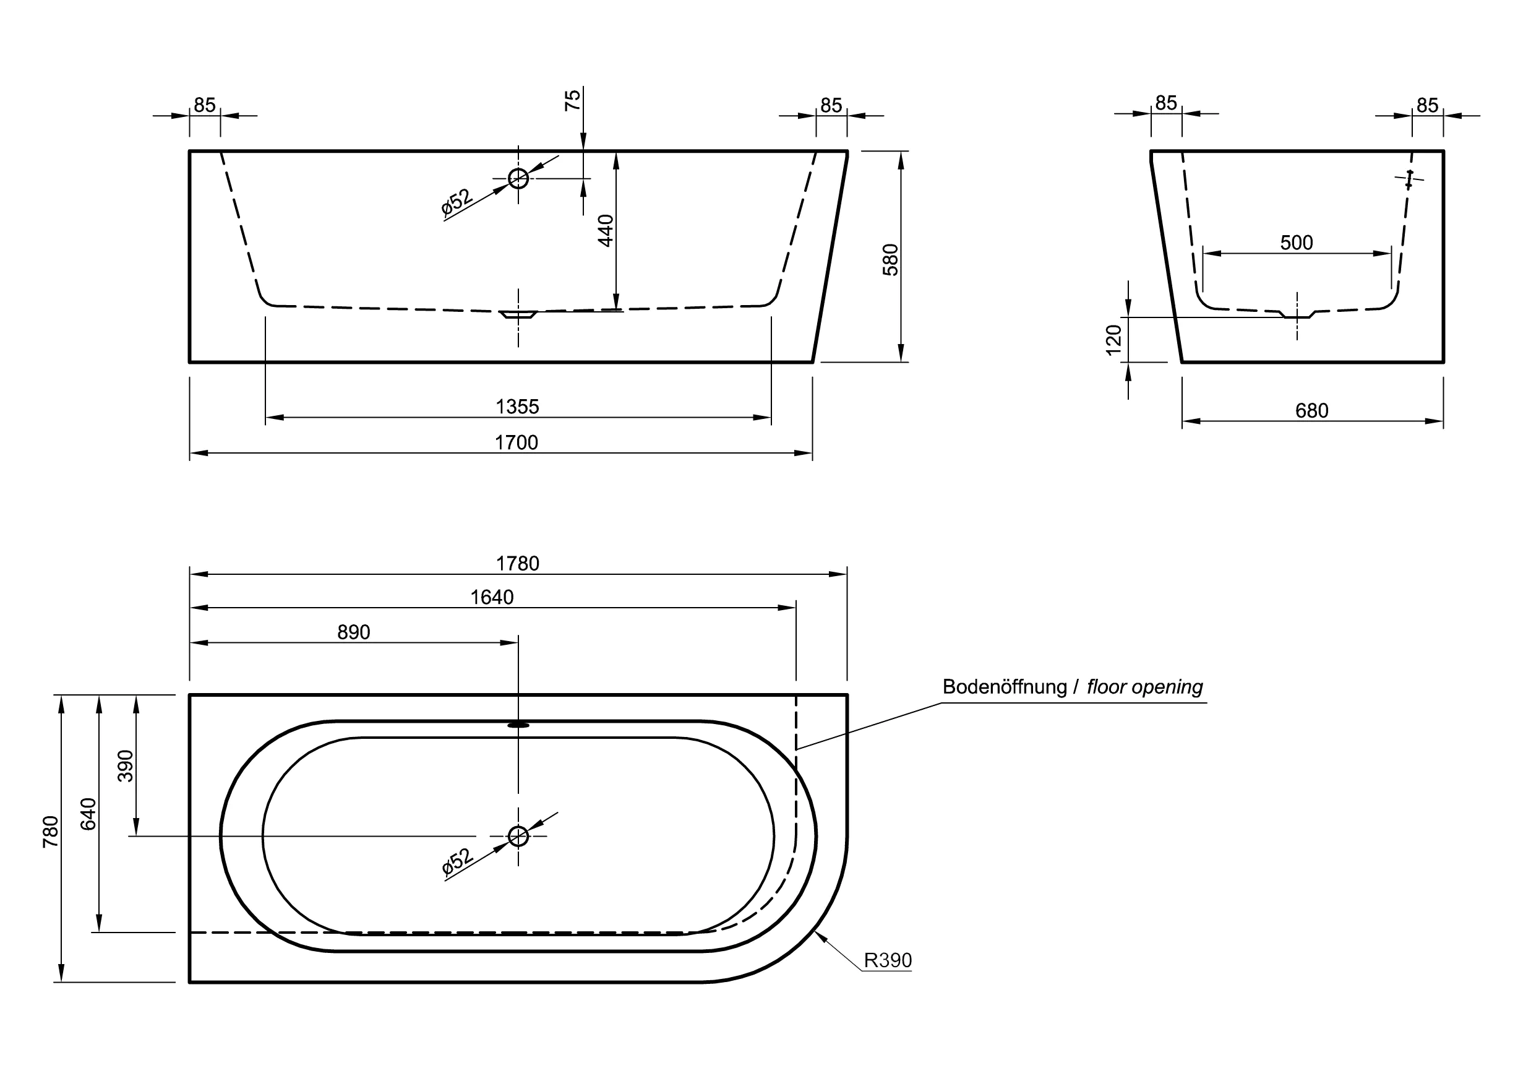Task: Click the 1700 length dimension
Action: (x=516, y=442)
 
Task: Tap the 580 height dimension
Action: (x=891, y=259)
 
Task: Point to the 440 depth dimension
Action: (x=606, y=230)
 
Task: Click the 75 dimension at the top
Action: (x=573, y=100)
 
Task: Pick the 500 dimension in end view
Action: (x=1297, y=243)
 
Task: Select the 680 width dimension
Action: (x=1312, y=411)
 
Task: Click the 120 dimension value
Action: (x=1113, y=340)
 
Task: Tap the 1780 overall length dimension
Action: (x=518, y=564)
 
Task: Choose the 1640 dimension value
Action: (x=492, y=597)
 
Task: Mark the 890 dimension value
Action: (x=354, y=632)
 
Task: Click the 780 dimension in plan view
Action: (x=51, y=832)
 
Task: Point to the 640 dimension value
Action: (x=88, y=814)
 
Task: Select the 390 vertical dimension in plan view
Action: (x=126, y=765)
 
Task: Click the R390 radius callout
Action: (x=888, y=960)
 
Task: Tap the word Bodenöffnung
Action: (x=1004, y=687)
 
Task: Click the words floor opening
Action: (x=1144, y=687)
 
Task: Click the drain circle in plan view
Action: (x=518, y=836)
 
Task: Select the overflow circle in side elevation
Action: (x=518, y=179)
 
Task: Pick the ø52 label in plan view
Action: (x=457, y=862)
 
